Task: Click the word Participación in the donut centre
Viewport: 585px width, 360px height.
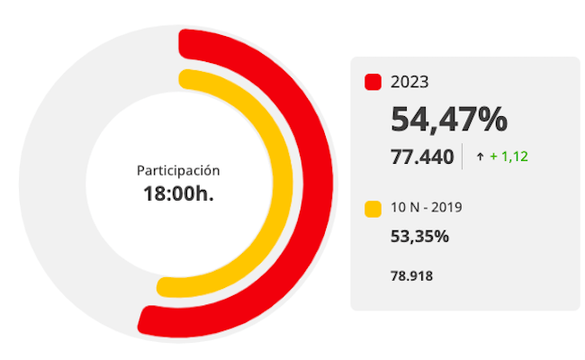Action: (178, 169)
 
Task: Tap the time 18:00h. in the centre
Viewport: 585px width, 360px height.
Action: (178, 193)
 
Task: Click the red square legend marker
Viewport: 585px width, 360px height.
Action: (373, 82)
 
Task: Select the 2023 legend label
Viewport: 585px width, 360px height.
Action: (409, 82)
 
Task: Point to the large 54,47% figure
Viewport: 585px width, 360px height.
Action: (448, 119)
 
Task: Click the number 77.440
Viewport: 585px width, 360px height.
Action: (422, 157)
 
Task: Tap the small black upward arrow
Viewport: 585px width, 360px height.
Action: (481, 157)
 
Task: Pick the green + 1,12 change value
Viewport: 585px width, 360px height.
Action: (508, 157)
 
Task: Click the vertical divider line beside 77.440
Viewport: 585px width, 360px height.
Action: (463, 157)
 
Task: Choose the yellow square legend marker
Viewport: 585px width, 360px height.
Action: (373, 209)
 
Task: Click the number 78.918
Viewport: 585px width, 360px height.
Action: (412, 275)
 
